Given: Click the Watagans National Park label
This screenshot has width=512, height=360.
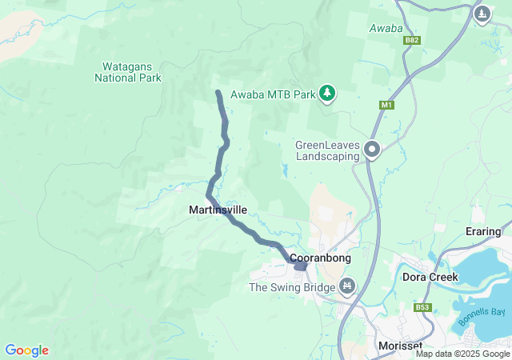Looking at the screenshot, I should coord(128,73).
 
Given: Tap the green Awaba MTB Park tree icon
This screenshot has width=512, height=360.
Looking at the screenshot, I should coord(327,94).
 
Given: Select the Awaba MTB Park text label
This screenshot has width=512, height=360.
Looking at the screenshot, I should coord(273,94).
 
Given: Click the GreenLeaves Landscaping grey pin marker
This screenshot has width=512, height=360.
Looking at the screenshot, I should coord(372,149).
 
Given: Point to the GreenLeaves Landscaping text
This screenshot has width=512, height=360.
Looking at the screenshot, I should coord(328,150).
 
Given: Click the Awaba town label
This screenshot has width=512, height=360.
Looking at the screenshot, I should coord(385,29).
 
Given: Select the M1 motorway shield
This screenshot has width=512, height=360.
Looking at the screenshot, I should coord(387,105).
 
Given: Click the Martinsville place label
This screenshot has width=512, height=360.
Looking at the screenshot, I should coord(218,210).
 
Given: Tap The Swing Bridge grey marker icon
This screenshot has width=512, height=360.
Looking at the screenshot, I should coord(347,286).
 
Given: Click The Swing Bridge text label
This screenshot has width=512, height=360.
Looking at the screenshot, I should coord(291,286).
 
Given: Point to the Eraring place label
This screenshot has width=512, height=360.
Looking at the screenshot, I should coord(482,232).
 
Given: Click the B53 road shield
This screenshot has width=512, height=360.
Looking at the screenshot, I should coord(423,306).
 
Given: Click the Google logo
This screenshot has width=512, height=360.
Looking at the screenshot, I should coord(26,350).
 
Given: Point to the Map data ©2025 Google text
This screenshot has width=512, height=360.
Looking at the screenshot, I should coord(462,354).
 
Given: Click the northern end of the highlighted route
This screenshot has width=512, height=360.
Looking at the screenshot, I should coord(218,94).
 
